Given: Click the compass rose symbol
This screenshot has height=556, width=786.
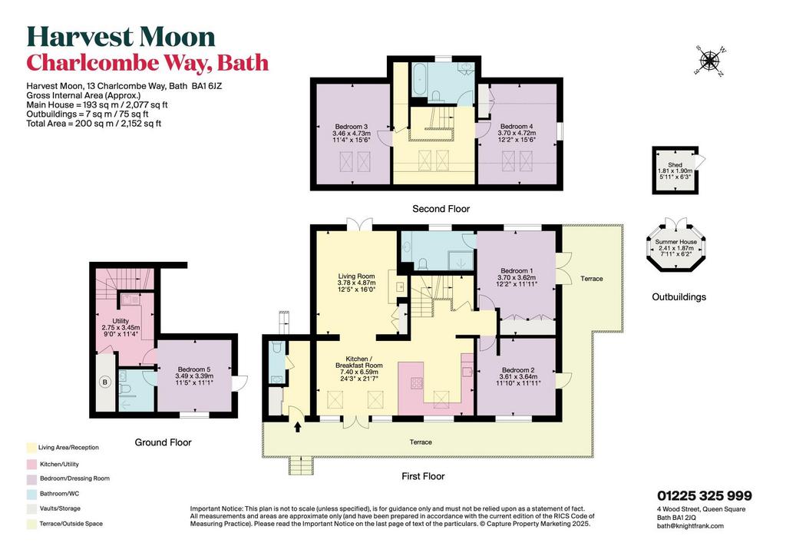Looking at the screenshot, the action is point(709,61).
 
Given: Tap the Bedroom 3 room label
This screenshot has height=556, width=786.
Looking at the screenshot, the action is point(352,134).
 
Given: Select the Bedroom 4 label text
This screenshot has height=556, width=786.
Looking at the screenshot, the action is point(517,134).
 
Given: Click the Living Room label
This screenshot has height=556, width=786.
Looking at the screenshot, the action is point(356,283).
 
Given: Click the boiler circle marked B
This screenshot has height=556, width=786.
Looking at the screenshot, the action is point(104,382).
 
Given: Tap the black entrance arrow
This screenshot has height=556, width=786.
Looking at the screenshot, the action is point(298,427).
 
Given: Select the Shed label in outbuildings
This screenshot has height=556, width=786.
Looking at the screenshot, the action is point(675,171).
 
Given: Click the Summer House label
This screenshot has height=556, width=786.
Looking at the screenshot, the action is point(675,248).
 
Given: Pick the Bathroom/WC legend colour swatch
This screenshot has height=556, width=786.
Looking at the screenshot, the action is point(31,494).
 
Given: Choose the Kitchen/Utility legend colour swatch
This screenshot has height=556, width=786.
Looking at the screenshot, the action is point(31,465).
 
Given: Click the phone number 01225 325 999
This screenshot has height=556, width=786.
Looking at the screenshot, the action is point(705,496).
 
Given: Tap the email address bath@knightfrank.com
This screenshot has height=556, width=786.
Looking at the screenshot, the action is point(690,526).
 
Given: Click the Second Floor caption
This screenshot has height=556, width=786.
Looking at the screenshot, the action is point(441,209).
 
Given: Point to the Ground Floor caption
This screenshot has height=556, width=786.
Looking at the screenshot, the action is point(163,442).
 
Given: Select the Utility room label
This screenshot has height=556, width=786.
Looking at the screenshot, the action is point(121,327).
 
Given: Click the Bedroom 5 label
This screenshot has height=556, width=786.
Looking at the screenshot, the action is point(194,376).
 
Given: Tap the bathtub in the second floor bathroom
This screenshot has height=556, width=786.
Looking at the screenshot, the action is point(420,80).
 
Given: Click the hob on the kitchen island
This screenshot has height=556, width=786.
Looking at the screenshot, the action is point(417,383).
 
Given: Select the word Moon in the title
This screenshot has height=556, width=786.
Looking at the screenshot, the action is point(177,37).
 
